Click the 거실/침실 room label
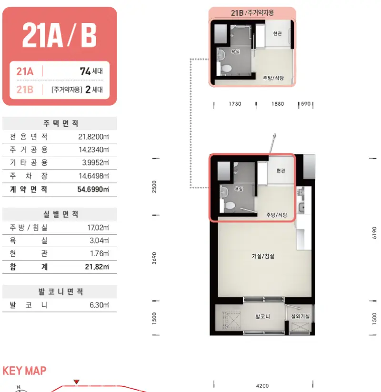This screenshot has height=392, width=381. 263,256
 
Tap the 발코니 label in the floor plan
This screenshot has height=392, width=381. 262,316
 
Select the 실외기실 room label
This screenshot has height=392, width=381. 300,316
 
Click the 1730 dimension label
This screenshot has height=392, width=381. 235,104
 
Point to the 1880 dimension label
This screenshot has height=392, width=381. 278,104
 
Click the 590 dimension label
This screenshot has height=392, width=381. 306,104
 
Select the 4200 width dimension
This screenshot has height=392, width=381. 262,386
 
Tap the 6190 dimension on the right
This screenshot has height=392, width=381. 374,233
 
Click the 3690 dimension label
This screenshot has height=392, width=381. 154,258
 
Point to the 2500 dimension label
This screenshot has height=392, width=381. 154,187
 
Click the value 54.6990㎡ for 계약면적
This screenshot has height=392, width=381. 93,189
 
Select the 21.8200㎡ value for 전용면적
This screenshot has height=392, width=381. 94,137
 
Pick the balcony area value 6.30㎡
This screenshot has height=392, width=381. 100,305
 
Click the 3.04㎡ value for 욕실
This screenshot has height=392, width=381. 100,241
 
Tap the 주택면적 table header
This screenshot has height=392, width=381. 61,123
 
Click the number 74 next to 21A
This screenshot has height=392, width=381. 85,71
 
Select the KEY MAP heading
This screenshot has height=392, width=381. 24,371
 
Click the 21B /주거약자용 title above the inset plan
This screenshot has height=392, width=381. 252,13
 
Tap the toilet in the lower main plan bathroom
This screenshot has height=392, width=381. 230,206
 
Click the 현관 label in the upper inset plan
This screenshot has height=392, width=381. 277,33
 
